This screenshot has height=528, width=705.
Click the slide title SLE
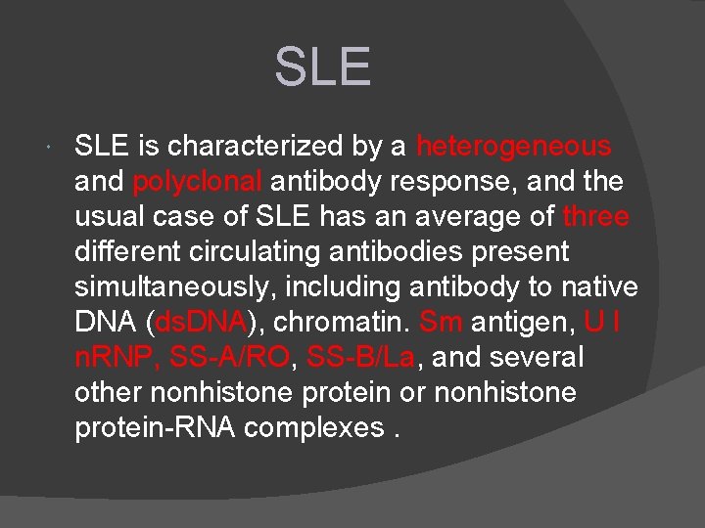(x=323, y=66)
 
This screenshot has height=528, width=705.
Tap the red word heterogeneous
(x=513, y=147)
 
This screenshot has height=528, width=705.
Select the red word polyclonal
(x=198, y=182)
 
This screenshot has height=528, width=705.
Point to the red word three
(x=596, y=217)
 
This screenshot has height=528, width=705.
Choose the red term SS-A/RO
(x=229, y=358)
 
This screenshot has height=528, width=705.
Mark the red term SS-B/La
(x=360, y=358)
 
